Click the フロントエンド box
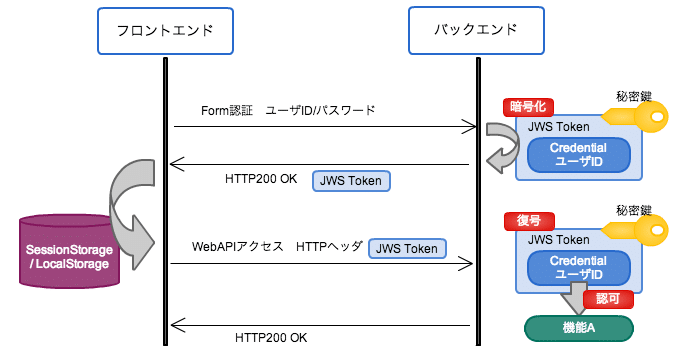[165, 30]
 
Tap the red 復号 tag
[528, 221]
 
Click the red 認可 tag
[615, 299]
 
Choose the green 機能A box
[580, 328]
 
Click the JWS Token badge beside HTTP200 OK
[352, 180]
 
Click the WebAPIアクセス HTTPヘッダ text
[276, 246]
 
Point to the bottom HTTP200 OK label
[271, 337]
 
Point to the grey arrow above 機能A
[578, 299]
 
